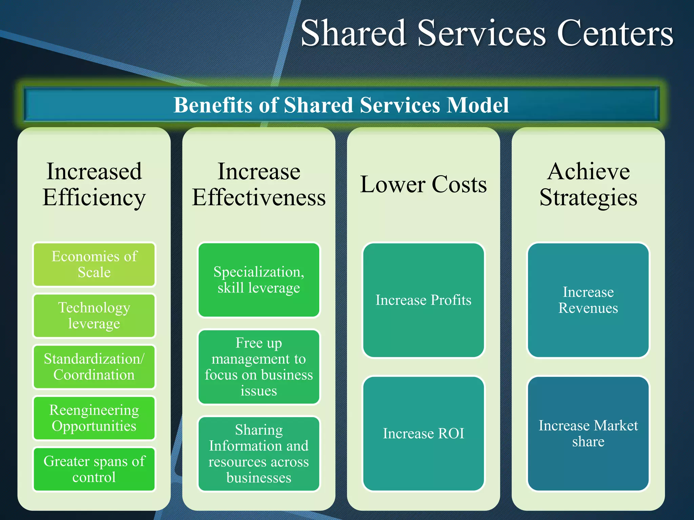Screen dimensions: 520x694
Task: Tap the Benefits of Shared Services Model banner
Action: pyautogui.click(x=341, y=105)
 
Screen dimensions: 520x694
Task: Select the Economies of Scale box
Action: pyautogui.click(x=94, y=264)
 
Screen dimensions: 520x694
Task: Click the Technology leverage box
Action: pyautogui.click(x=94, y=316)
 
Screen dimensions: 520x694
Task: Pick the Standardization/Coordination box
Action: pyautogui.click(x=94, y=367)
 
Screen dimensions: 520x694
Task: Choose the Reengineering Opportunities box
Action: pyautogui.click(x=94, y=418)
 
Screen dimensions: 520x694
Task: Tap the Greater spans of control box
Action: pyautogui.click(x=94, y=469)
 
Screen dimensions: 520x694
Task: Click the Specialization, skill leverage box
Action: pyautogui.click(x=259, y=280)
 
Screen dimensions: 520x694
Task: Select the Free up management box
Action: pyautogui.click(x=259, y=367)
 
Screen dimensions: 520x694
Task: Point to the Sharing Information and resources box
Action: pyautogui.click(x=259, y=454)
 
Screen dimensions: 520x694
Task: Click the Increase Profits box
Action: pyautogui.click(x=423, y=300)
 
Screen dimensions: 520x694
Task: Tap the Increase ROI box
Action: pyautogui.click(x=423, y=433)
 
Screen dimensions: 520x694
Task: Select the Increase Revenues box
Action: pyautogui.click(x=588, y=300)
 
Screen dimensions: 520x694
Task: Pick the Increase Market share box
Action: pyautogui.click(x=588, y=433)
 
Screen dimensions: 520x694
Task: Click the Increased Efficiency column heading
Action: pyautogui.click(x=94, y=185)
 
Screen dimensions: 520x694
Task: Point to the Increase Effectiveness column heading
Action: pyautogui.click(x=259, y=185)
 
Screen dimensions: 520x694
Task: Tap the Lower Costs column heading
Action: pyautogui.click(x=423, y=185)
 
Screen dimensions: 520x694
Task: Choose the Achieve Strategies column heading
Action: pyautogui.click(x=588, y=185)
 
